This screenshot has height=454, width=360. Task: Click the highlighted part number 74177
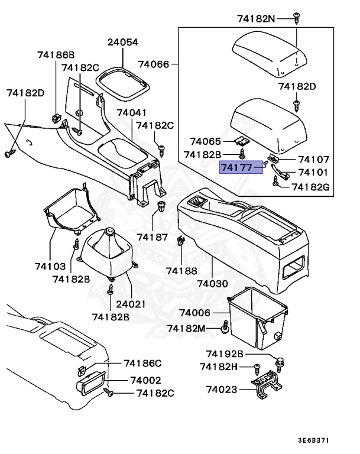coord(238,167)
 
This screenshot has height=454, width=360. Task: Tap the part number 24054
coord(122,43)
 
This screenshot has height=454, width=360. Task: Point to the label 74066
coord(154,63)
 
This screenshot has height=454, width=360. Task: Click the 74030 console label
coord(212,283)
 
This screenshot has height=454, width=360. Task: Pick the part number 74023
coord(222,390)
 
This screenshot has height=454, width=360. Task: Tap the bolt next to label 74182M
coord(225,326)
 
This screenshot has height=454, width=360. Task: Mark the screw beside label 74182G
coord(277,184)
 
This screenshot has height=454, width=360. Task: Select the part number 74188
coord(181,270)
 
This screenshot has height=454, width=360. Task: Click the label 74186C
coord(142,362)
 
